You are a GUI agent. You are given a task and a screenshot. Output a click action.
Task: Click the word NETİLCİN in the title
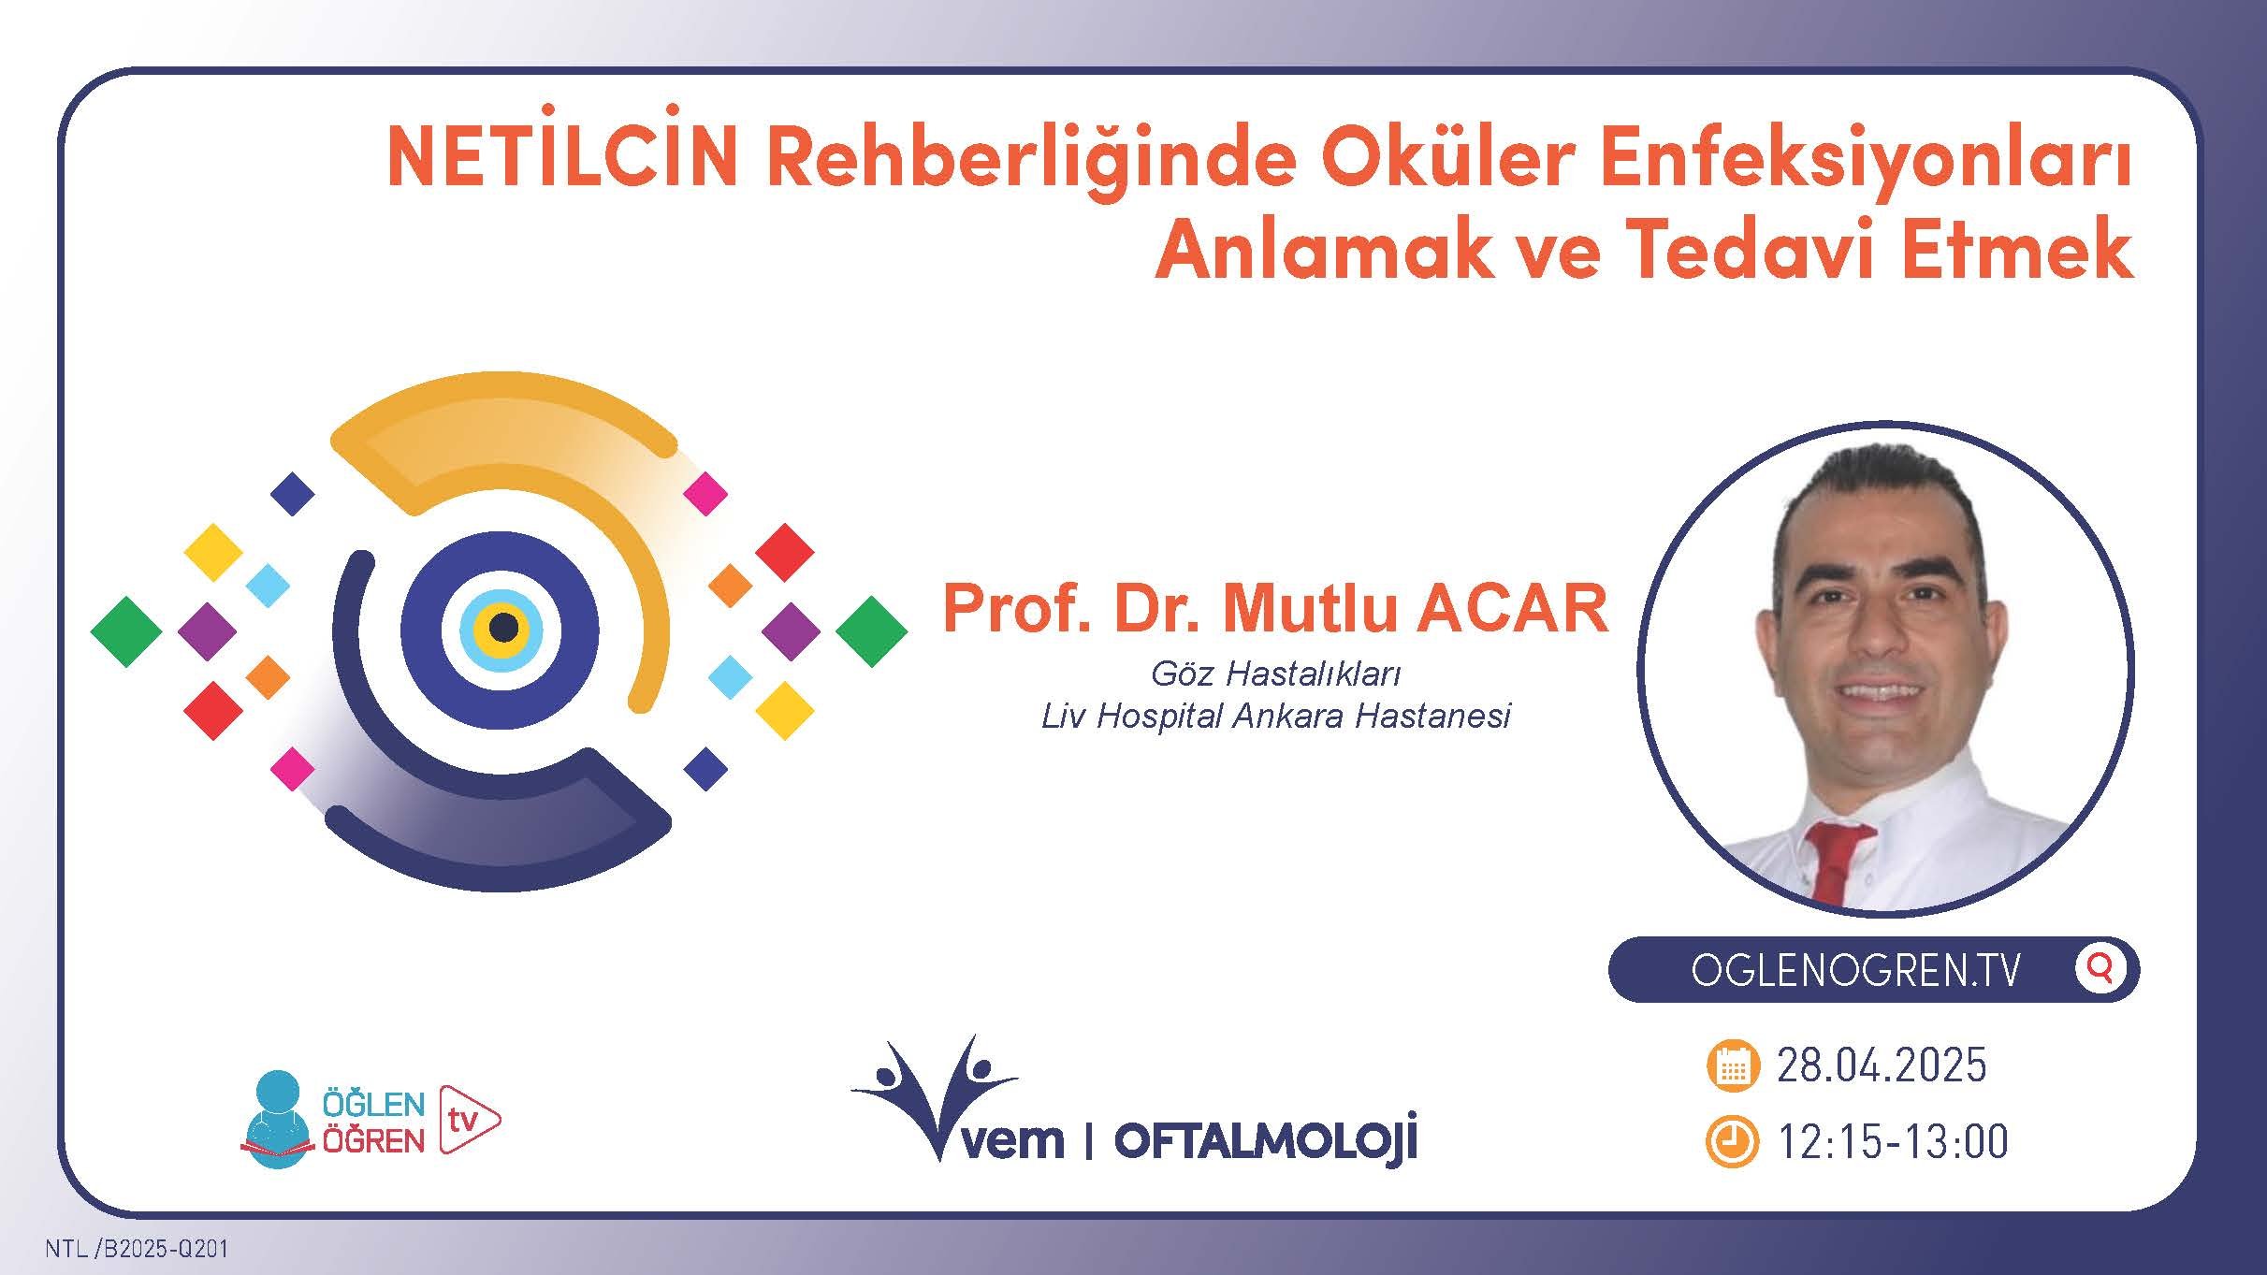pos(560,161)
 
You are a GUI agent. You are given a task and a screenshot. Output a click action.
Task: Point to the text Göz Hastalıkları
pos(1275,673)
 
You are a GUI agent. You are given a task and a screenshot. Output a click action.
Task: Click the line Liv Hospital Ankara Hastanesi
pos(1275,717)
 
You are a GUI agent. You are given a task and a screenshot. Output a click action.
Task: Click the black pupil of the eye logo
pos(503,628)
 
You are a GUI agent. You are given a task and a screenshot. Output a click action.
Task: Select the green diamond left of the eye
pos(126,631)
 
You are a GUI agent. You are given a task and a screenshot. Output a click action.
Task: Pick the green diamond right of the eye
pos(871,631)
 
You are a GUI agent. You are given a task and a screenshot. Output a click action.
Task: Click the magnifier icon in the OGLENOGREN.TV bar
pos(2100,969)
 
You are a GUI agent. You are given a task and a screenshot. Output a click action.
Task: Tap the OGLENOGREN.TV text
pos(1856,971)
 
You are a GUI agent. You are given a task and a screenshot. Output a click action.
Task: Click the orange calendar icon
pos(1733,1065)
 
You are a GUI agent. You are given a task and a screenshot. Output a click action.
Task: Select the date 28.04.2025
pos(1881,1065)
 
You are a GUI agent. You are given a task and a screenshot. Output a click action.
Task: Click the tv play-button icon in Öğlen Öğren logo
pos(467,1119)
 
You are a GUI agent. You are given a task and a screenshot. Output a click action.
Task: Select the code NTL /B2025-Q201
pos(137,1250)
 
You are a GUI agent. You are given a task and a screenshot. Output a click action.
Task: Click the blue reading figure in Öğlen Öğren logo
pos(277,1119)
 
